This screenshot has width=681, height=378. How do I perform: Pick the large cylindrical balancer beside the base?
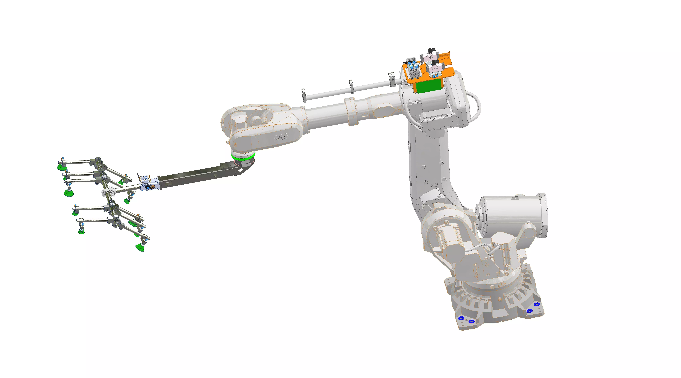[512, 215]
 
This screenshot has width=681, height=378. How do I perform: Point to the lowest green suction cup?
[139, 248]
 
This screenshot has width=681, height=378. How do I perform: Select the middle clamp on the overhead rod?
[351, 86]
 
